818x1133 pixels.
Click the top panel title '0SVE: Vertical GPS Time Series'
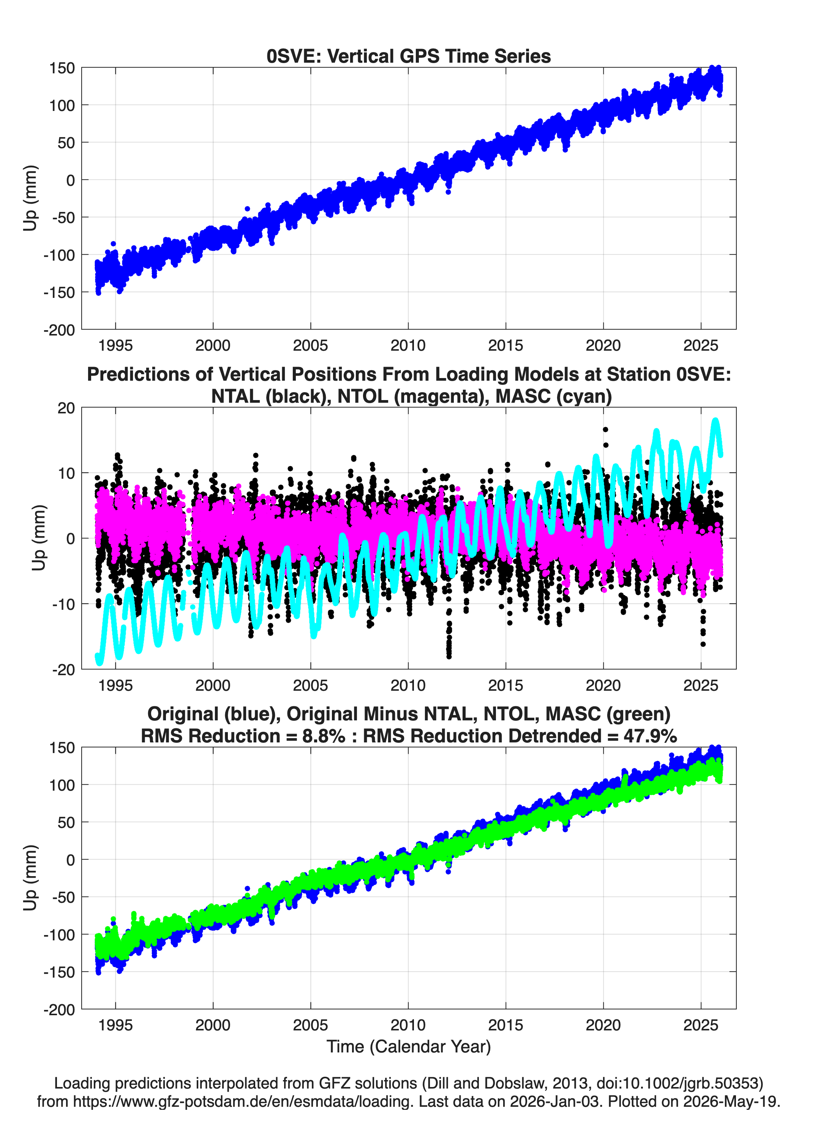pos(409,56)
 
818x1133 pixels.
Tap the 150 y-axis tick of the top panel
pos(62,68)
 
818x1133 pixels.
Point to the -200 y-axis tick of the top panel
pos(59,330)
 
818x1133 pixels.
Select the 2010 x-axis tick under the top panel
pos(408,345)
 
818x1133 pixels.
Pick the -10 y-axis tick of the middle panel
pos(63,604)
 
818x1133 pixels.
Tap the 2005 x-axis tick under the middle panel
pos(311,685)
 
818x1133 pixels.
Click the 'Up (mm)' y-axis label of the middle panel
pos(39,538)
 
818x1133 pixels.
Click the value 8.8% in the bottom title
pos(324,736)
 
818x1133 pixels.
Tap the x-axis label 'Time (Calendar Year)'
pos(409,1046)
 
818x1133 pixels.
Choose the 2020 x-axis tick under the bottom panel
pos(603,1025)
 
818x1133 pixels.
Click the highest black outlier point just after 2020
pos(605,429)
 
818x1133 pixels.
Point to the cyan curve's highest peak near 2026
pos(715,421)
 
